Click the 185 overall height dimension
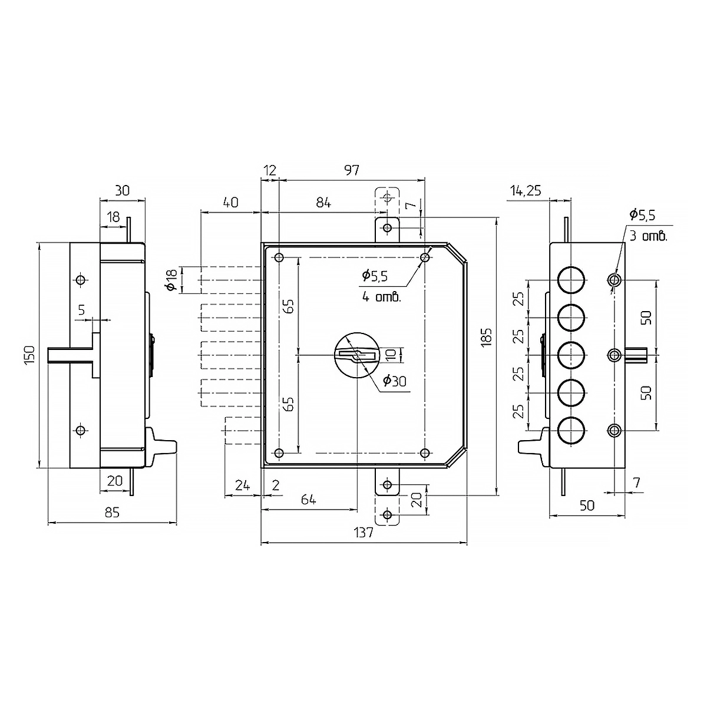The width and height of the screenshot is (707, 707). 487,337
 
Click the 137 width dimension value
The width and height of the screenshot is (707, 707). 364,533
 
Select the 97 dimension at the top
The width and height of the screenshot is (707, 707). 352,170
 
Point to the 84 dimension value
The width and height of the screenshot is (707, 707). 323,203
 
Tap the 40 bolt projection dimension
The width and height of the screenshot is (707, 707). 231,203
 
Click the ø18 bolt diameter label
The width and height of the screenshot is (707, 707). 171,280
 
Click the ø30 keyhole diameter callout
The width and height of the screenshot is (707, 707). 395,381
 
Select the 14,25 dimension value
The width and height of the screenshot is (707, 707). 526,190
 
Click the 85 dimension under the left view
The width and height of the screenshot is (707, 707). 112,513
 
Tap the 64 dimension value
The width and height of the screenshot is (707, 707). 308,500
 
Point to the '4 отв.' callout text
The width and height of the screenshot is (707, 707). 382,297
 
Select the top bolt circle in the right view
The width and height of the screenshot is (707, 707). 571,280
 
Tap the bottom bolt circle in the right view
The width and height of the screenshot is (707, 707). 571,430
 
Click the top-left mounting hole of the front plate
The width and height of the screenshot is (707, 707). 279,257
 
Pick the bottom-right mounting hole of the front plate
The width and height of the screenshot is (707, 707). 425,452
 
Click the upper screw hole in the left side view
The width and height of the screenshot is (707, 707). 81,280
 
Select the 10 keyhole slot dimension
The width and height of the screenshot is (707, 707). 391,355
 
